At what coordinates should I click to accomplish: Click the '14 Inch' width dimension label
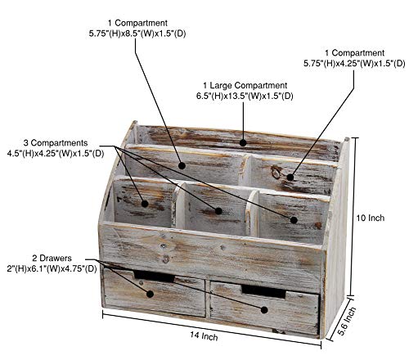pos(204,335)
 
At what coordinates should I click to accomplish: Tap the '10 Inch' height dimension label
pos(371,218)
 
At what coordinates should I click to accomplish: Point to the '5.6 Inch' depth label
pos(347,321)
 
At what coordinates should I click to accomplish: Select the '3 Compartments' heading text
pos(56,142)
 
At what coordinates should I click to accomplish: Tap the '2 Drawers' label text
pos(52,258)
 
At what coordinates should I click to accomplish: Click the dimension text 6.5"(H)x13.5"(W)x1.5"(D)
pos(245,96)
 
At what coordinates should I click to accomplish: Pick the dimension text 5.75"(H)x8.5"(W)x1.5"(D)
pos(137,34)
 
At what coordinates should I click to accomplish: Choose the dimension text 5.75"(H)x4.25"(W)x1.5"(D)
pos(354,63)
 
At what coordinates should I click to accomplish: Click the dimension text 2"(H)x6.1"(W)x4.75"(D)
pos(52,268)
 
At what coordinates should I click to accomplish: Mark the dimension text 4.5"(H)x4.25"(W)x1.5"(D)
pos(56,153)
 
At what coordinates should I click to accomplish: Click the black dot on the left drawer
pos(150,294)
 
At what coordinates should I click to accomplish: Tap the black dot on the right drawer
pos(264,309)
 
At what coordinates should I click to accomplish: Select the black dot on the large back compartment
pos(243,142)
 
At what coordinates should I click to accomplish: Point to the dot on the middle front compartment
pos(218,210)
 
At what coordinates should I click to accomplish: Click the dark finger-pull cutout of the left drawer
pos(155,276)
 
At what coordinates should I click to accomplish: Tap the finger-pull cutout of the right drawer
pos(263,291)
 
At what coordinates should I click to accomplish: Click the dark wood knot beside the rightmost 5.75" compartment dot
pos(277,173)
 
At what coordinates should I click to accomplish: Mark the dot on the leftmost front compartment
pos(145,204)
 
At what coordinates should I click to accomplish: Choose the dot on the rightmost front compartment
pos(294,220)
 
